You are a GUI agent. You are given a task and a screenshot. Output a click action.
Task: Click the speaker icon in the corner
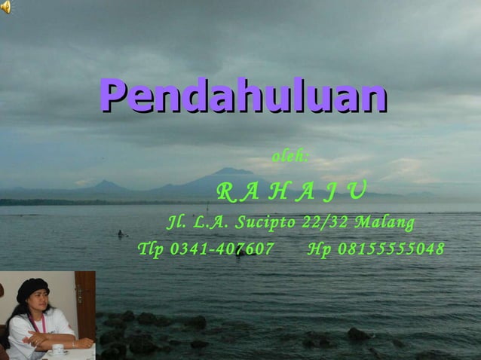point(6,7)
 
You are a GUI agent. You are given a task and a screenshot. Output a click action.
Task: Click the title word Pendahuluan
point(243,96)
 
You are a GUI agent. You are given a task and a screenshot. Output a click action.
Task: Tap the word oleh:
point(290,157)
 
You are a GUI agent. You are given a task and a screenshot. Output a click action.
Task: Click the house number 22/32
point(326,223)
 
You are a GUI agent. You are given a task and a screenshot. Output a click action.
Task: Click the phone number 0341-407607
point(222,249)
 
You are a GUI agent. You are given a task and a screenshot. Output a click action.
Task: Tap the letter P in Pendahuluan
point(114,96)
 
